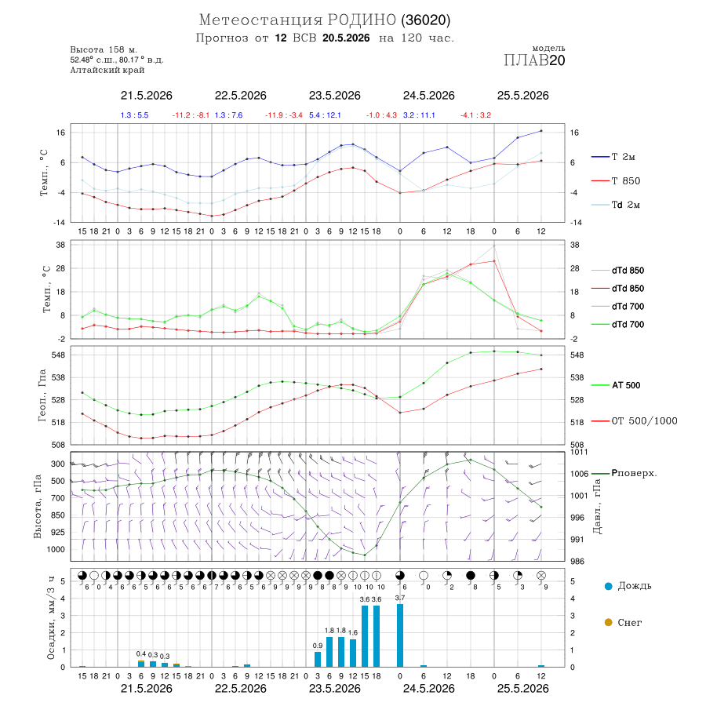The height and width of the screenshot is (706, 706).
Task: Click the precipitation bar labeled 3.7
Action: pyautogui.click(x=400, y=635)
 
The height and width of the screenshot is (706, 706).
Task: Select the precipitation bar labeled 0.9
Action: pyautogui.click(x=318, y=659)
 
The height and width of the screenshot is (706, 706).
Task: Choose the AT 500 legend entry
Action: pyautogui.click(x=616, y=385)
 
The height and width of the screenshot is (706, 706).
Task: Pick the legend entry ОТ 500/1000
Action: pyautogui.click(x=634, y=421)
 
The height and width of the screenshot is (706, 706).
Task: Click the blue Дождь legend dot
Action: pyautogui.click(x=608, y=586)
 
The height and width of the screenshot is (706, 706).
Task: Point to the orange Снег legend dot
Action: pyautogui.click(x=608, y=622)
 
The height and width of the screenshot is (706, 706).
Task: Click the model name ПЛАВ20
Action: pyautogui.click(x=534, y=60)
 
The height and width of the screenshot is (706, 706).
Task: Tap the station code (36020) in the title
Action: pyautogui.click(x=425, y=20)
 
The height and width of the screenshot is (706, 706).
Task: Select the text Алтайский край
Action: pyautogui.click(x=107, y=70)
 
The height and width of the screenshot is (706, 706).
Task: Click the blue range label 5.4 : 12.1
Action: pyautogui.click(x=325, y=115)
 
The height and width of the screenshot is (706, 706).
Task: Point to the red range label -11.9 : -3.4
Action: pyautogui.click(x=284, y=115)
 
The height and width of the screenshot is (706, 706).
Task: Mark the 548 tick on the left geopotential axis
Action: pyautogui.click(x=59, y=355)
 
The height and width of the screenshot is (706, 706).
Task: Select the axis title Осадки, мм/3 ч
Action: pyautogui.click(x=51, y=618)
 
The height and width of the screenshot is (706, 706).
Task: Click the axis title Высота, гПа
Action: pyautogui.click(x=38, y=506)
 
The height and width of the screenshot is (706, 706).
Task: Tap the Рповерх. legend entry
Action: pyautogui.click(x=624, y=473)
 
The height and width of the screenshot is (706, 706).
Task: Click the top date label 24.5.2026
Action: pyautogui.click(x=428, y=96)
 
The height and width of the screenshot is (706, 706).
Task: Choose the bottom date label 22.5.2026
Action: pyautogui.click(x=241, y=689)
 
